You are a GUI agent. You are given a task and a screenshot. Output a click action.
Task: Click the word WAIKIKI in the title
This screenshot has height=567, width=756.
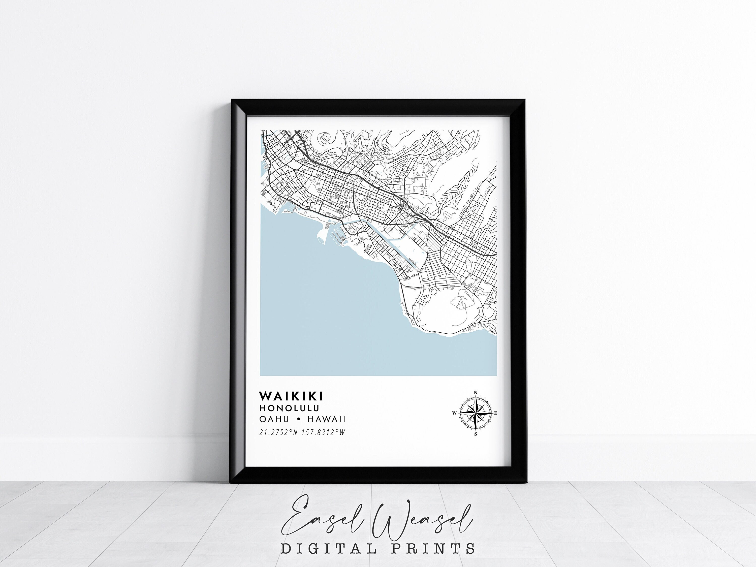[x=291, y=396]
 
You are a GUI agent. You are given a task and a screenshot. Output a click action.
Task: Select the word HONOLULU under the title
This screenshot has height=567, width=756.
[x=289, y=408]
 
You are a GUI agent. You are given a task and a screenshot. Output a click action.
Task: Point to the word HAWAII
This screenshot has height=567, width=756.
[x=326, y=419]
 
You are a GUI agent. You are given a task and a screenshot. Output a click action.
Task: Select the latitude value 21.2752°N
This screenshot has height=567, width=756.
[x=279, y=433]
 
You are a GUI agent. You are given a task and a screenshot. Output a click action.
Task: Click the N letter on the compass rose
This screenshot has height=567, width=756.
[x=476, y=392]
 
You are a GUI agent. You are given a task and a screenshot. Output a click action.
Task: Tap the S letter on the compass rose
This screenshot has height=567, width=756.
[x=476, y=434]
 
